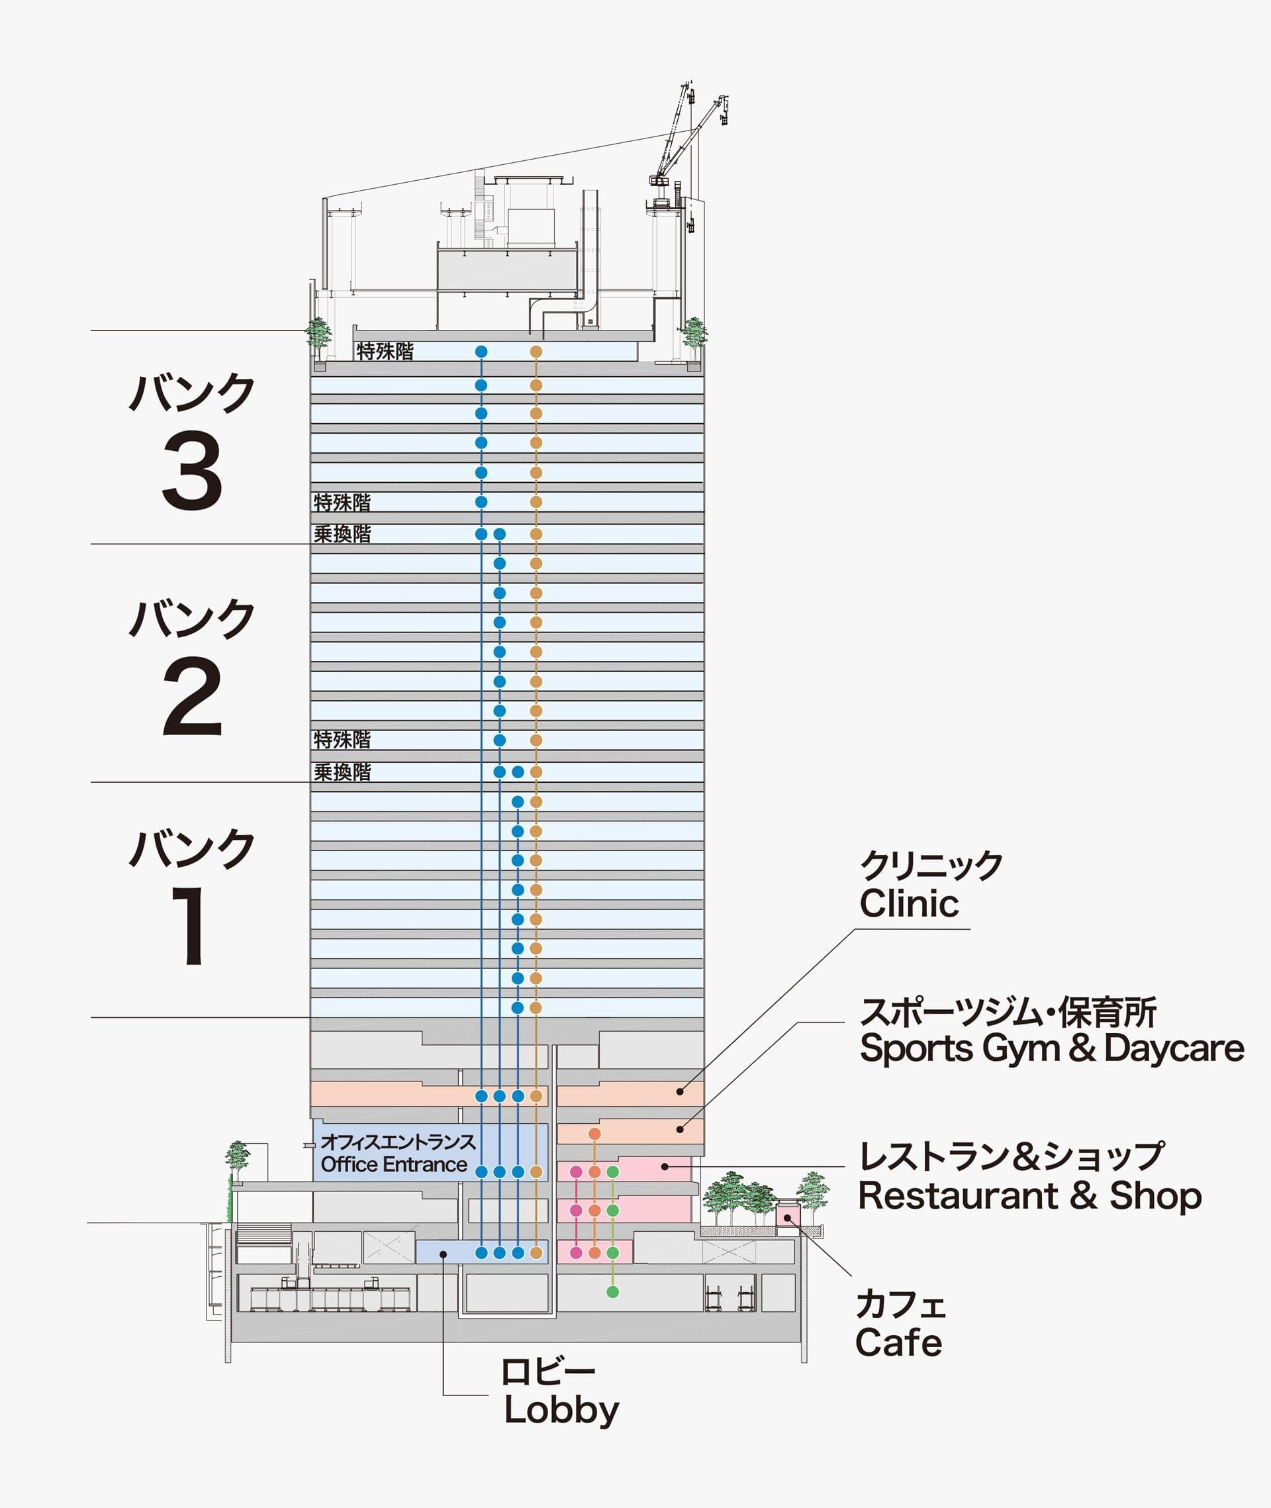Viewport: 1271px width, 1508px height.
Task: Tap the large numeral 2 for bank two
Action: point(192,697)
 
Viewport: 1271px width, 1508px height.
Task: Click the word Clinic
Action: point(909,903)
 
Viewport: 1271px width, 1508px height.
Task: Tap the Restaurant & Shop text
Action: point(1029,1196)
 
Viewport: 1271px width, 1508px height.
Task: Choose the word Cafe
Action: point(898,1343)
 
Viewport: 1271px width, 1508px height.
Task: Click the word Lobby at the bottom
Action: point(561,1410)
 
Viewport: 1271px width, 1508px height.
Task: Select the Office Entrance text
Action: point(393,1164)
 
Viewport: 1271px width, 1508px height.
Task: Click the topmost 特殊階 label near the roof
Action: point(385,352)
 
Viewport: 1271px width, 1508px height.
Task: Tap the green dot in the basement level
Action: point(612,1291)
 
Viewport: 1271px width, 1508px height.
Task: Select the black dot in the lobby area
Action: point(443,1254)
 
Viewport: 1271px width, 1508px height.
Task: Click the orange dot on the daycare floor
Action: point(594,1134)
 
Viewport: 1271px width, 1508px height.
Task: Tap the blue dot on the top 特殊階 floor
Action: point(481,352)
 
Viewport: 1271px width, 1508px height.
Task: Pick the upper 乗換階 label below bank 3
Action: point(342,534)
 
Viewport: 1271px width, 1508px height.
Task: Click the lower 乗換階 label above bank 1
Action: point(342,772)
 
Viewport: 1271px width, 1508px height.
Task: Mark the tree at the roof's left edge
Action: point(318,334)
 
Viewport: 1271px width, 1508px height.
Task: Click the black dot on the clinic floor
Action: point(679,1091)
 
